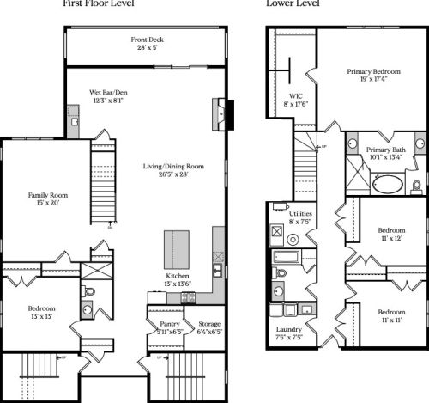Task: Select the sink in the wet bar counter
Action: point(75,123)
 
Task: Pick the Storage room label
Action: point(208,327)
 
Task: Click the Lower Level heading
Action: point(293,3)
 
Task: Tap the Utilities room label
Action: point(300,217)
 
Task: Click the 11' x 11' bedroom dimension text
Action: point(391,319)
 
